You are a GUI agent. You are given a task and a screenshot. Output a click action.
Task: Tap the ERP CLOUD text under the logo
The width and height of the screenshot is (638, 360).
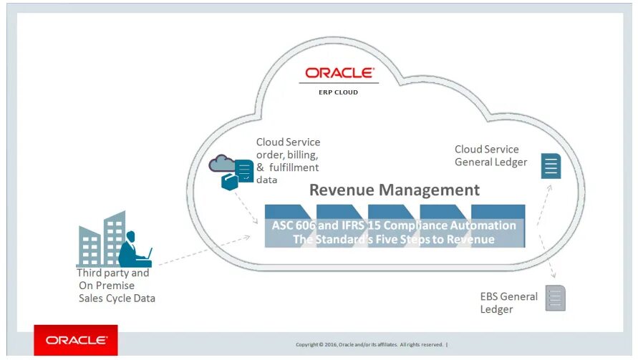click(x=339, y=92)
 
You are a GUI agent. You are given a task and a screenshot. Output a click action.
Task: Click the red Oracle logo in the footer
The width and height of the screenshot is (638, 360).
click(x=76, y=340)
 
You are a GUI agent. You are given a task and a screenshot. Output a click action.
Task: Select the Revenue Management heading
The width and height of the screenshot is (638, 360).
click(x=395, y=190)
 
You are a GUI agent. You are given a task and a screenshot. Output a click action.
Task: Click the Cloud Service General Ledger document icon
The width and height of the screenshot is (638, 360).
click(x=551, y=166)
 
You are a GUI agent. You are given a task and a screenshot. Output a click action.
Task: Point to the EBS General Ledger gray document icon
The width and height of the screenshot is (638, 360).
click(x=555, y=297)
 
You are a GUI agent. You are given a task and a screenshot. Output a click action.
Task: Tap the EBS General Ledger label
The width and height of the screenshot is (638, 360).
click(x=508, y=303)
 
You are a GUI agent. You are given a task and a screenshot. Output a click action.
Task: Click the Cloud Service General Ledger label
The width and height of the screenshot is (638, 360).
click(x=490, y=155)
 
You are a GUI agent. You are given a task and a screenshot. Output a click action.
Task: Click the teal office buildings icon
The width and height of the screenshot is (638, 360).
click(x=101, y=240)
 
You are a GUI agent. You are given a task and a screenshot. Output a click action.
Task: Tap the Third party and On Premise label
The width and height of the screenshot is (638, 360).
click(x=115, y=285)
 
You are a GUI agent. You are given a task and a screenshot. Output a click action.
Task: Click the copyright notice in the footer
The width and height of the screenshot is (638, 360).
click(x=372, y=345)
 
